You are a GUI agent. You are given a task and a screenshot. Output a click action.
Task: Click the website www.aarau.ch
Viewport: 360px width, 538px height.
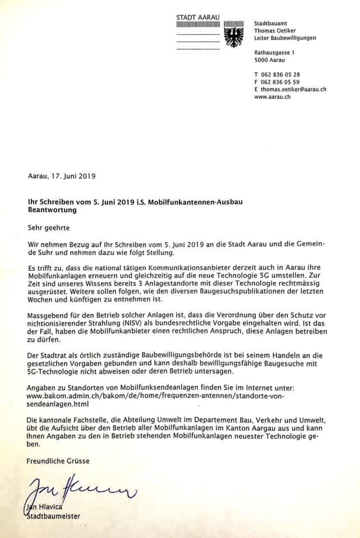[272, 96]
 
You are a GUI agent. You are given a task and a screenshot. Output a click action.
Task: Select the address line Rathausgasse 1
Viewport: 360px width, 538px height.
[274, 53]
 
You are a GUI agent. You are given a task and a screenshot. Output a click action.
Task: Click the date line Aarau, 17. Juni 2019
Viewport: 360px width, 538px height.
[62, 175]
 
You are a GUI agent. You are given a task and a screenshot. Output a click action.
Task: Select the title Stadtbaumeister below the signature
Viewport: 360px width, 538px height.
[54, 516]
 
